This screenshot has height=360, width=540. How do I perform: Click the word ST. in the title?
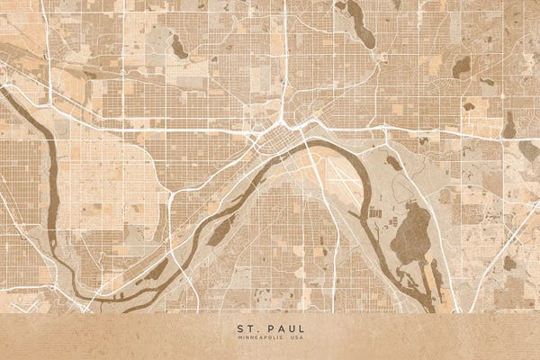(x=247, y=329)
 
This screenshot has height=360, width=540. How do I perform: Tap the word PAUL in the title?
(x=279, y=329)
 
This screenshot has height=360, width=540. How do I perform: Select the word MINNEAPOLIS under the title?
(x=259, y=339)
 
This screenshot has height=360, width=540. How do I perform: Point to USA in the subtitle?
(x=294, y=339)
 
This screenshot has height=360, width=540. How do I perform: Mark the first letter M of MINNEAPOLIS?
(x=239, y=339)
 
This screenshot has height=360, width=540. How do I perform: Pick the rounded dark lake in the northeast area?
(x=461, y=67)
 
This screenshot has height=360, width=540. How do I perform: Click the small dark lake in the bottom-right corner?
(x=509, y=263)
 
